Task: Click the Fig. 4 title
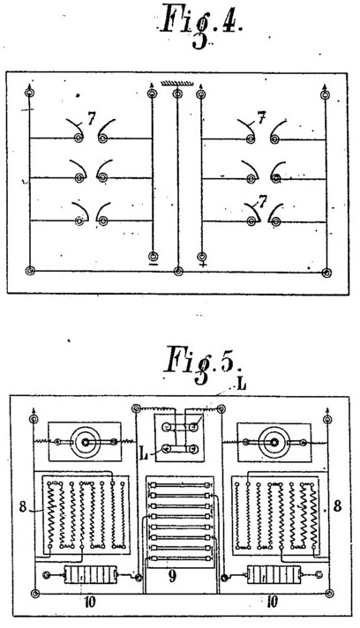coord(201,25)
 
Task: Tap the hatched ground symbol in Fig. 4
coord(176,84)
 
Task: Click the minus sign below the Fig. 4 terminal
coord(153,265)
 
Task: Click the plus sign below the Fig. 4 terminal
coord(203,265)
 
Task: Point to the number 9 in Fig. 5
coord(172,577)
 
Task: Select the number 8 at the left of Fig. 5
coord(23,507)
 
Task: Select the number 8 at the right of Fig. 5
coord(338,506)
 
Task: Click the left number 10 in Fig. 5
coord(90,602)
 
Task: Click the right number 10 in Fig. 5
coord(272,602)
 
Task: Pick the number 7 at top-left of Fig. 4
coord(91,118)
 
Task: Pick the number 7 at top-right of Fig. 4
coord(262,118)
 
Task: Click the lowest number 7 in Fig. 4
coord(263,202)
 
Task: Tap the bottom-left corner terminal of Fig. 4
coord(30,271)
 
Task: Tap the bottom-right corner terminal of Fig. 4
coord(326,273)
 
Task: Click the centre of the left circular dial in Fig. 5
coord(86,442)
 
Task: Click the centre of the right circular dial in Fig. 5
coord(274,442)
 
